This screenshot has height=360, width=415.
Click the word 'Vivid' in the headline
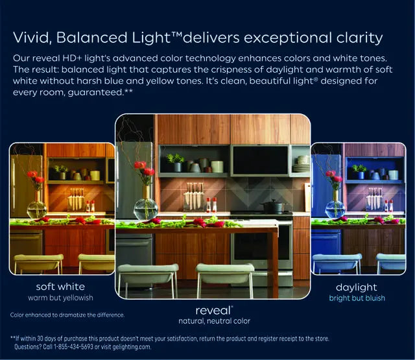tap(30, 38)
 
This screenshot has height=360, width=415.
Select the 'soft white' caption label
tap(60, 287)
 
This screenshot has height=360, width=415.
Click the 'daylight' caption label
tap(357, 288)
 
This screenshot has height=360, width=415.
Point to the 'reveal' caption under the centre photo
tap(214, 311)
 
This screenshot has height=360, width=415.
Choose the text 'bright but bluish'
tap(357, 298)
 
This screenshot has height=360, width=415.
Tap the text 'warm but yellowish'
tap(60, 298)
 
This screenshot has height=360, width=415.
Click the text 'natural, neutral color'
tap(215, 321)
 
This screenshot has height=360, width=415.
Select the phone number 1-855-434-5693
tap(73, 347)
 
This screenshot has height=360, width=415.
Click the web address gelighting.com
tap(132, 347)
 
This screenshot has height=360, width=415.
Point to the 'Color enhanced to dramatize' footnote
tap(67, 315)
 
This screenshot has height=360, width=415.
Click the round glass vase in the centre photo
tap(146, 209)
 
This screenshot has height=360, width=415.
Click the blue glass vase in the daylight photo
tap(335, 209)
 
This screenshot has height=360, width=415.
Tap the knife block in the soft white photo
tap(76, 200)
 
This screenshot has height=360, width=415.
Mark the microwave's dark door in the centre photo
tap(259, 160)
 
